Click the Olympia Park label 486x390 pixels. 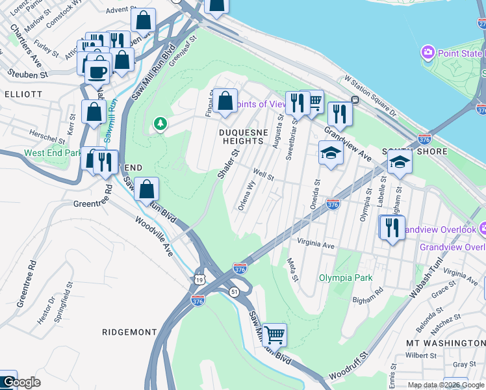pos(345,278)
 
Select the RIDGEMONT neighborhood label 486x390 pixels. pos(130,331)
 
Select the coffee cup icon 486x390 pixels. pos(97,71)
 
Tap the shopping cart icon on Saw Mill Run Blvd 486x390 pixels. pos(275,335)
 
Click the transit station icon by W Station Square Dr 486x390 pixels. pos(355,99)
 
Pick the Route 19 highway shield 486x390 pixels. pos(198,279)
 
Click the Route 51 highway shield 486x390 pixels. pos(234,292)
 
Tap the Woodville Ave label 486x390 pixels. pos(154,236)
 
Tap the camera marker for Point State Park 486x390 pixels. pos(428,52)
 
